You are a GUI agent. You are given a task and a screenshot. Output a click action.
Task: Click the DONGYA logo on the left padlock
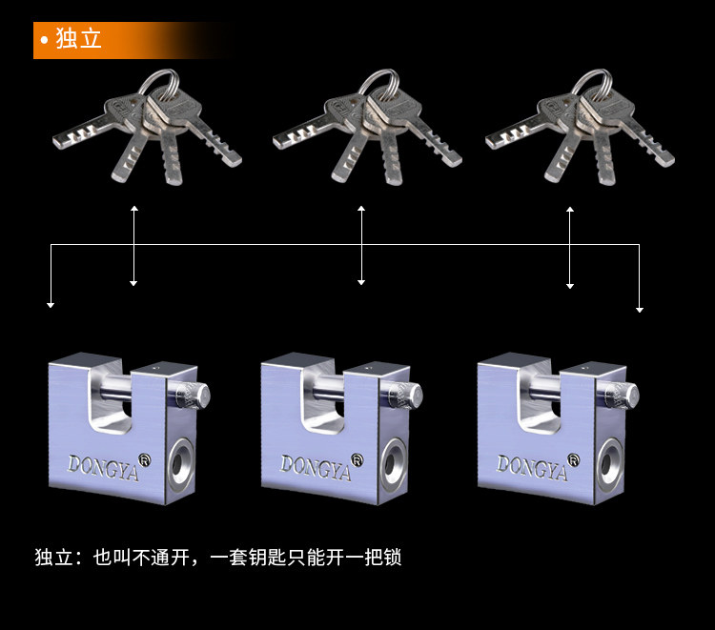pyautogui.click(x=102, y=464)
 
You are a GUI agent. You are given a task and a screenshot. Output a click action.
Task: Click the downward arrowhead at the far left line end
pyautogui.click(x=51, y=305)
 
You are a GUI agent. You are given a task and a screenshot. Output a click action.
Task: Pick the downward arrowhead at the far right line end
pyautogui.click(x=640, y=309)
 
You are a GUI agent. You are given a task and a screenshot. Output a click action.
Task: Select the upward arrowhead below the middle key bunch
pyautogui.click(x=361, y=208)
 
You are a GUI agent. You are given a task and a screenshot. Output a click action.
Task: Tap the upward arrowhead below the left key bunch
pyautogui.click(x=133, y=208)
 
